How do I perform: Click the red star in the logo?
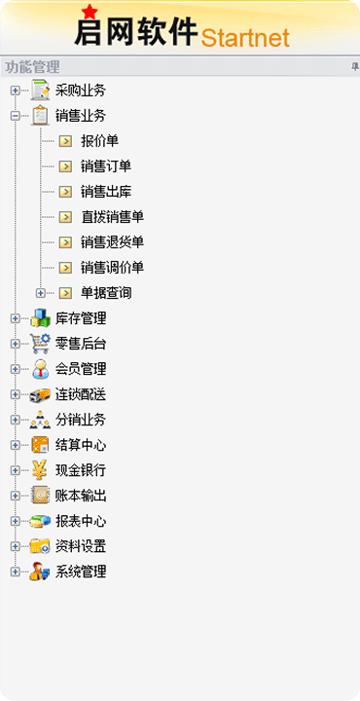point(90,12)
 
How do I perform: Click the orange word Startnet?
point(245,38)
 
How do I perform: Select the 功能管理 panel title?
point(32,67)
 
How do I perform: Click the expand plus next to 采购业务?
point(16,91)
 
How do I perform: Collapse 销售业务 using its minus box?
point(16,116)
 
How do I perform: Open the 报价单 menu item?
point(99,141)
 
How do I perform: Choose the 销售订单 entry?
point(106,166)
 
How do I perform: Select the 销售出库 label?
point(106,192)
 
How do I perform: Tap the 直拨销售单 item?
point(112,217)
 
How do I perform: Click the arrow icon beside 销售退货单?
point(65,242)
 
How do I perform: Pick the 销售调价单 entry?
point(112,268)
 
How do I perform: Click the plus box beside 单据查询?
point(41,293)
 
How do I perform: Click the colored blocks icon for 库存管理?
point(40,318)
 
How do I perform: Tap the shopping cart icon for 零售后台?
point(40,344)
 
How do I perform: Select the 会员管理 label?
point(81,369)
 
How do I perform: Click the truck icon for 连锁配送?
point(40,394)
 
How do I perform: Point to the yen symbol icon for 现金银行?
point(40,470)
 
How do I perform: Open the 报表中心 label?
point(81,521)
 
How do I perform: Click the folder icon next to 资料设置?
point(40,546)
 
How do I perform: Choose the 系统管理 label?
point(81,572)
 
